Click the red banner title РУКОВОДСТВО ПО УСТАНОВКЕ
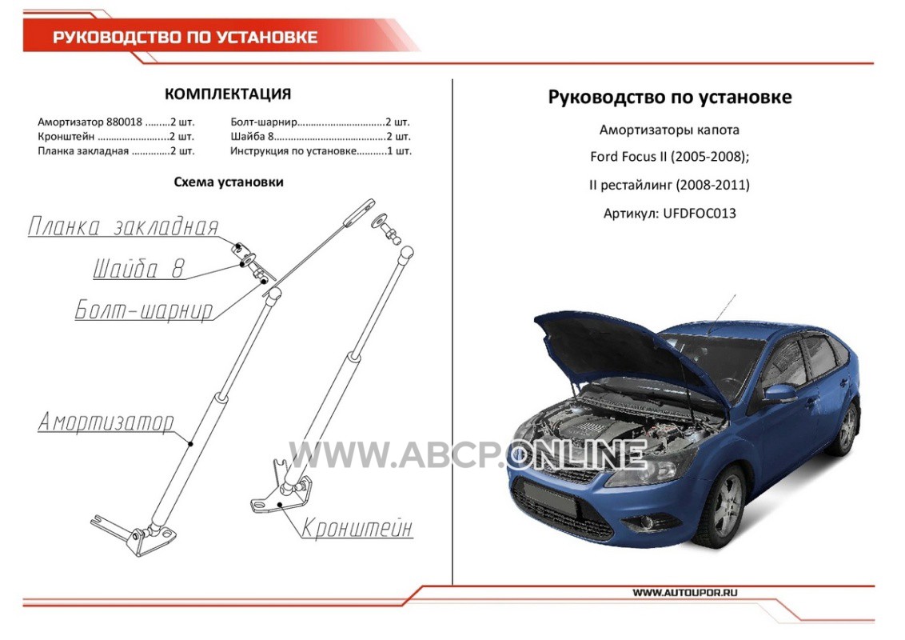point(185,38)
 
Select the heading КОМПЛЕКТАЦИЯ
point(228,94)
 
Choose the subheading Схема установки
point(229,182)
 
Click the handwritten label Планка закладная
point(123,226)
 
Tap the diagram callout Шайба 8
point(139,269)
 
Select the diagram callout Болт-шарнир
point(144,310)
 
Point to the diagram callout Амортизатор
point(106,421)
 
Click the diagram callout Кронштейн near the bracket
point(358,528)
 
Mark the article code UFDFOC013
point(700,213)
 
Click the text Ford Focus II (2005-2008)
point(669,157)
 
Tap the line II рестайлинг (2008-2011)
point(669,185)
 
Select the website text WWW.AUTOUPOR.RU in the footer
point(685,593)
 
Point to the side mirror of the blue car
point(779,394)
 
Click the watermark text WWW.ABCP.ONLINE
point(468,454)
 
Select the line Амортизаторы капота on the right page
point(669,130)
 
